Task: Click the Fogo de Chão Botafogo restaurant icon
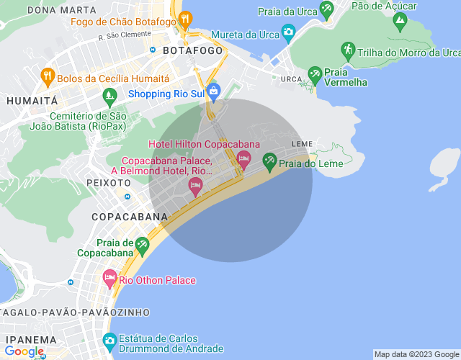pyautogui.click(x=185, y=19)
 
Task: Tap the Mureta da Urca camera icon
pyautogui.click(x=288, y=32)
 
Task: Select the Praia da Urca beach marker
pyautogui.click(x=327, y=10)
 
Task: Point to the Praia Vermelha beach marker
pyautogui.click(x=315, y=74)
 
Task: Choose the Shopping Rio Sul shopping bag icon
pyautogui.click(x=213, y=91)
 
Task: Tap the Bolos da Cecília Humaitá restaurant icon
pyautogui.click(x=48, y=75)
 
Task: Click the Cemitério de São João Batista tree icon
pyautogui.click(x=109, y=94)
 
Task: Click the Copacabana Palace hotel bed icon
pyautogui.click(x=194, y=186)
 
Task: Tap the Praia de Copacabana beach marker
pyautogui.click(x=143, y=246)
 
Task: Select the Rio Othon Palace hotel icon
pyautogui.click(x=109, y=277)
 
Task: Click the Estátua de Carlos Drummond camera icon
pyautogui.click(x=109, y=339)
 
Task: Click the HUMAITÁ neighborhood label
pyautogui.click(x=32, y=102)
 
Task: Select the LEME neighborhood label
pyautogui.click(x=302, y=145)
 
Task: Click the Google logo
pyautogui.click(x=23, y=351)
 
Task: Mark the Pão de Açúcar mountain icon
pyautogui.click(x=400, y=22)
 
